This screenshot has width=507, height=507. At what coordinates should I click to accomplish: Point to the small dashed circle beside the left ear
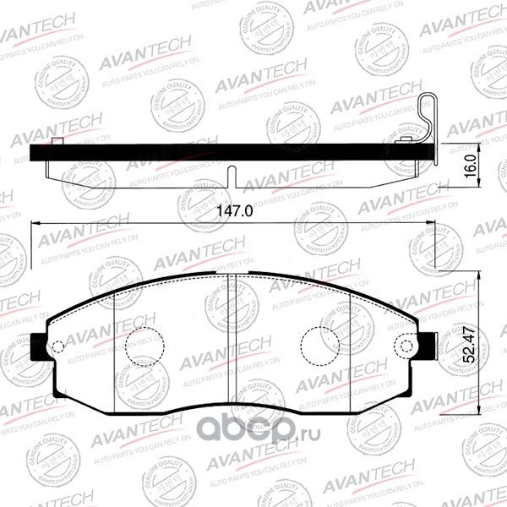pyautogui.click(x=57, y=346)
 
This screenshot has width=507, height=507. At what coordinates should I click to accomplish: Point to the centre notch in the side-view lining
pyautogui.click(x=232, y=176)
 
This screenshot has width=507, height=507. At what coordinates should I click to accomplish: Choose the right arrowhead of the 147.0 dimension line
pyautogui.click(x=444, y=224)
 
